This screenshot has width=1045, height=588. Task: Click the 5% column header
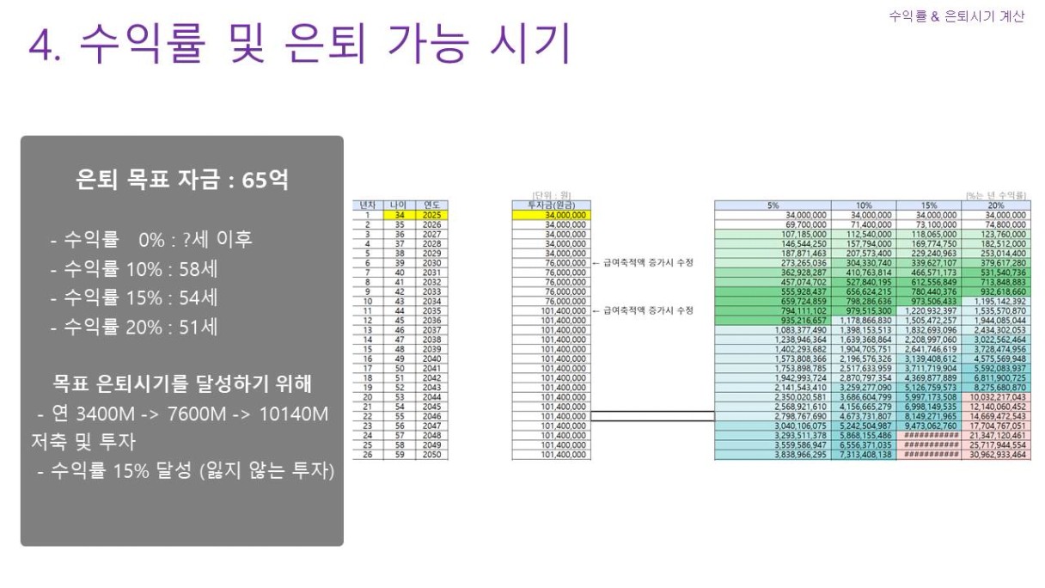(x=773, y=205)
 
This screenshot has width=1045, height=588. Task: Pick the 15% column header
(x=928, y=205)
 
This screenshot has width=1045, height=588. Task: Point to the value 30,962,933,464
(x=995, y=454)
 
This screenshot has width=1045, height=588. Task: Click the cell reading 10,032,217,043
(x=995, y=397)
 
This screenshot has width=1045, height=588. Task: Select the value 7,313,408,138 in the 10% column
(x=863, y=454)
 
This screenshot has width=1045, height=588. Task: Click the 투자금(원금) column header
(x=550, y=205)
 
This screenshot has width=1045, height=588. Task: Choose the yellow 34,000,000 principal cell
(x=550, y=214)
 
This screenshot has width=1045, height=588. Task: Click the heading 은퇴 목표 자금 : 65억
(x=181, y=181)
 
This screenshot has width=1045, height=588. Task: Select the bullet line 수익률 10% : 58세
(x=134, y=268)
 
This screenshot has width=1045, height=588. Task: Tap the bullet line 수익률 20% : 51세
(x=134, y=327)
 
